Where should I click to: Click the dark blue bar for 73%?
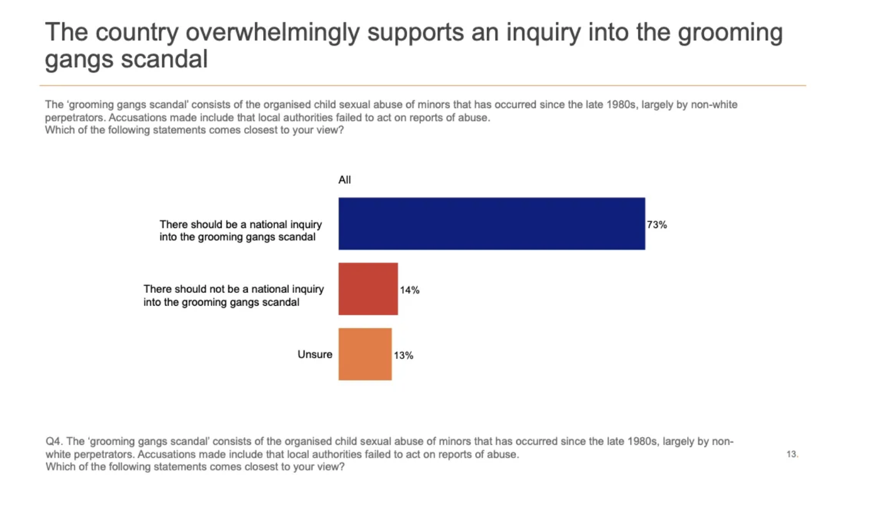pyautogui.click(x=492, y=224)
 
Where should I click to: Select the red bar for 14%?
pyautogui.click(x=368, y=289)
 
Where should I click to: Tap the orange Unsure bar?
pyautogui.click(x=365, y=354)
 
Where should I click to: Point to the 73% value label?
pyautogui.click(x=657, y=224)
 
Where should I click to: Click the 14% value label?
pyautogui.click(x=410, y=290)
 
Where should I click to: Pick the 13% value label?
pyautogui.click(x=403, y=355)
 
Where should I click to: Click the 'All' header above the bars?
pyautogui.click(x=344, y=180)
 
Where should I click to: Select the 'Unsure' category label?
pyautogui.click(x=315, y=354)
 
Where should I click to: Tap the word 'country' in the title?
pyautogui.click(x=137, y=33)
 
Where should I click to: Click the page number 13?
pyautogui.click(x=792, y=454)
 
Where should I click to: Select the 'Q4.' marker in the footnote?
pyautogui.click(x=54, y=441)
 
